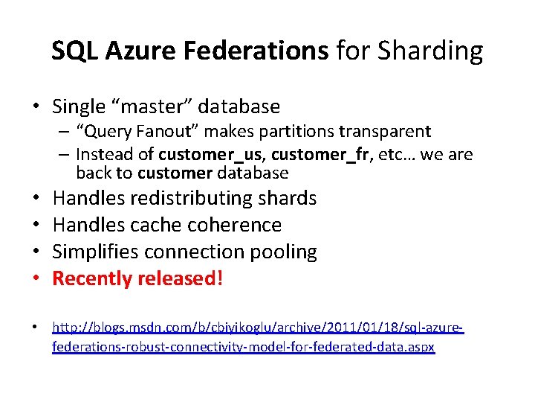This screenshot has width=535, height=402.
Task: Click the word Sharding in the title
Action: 430,51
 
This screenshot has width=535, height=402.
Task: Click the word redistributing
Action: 191,199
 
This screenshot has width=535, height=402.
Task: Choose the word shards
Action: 288,199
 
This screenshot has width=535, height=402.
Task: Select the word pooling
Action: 285,252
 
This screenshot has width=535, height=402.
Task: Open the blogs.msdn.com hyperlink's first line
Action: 258,327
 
